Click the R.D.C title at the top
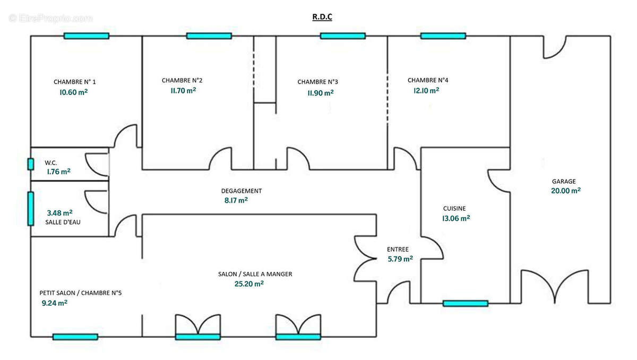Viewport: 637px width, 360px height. pyautogui.click(x=322, y=17)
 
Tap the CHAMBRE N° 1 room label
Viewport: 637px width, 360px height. pyautogui.click(x=75, y=82)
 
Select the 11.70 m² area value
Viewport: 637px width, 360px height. pyautogui.click(x=183, y=91)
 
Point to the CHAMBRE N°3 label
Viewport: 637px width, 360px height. pyautogui.click(x=317, y=82)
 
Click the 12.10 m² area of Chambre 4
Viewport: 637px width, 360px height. pyautogui.click(x=426, y=90)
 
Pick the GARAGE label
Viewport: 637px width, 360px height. pyautogui.click(x=564, y=182)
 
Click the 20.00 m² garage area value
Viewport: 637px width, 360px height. pyautogui.click(x=566, y=191)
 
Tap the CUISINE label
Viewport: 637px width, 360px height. pyautogui.click(x=454, y=209)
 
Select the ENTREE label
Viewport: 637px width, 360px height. pyautogui.click(x=398, y=250)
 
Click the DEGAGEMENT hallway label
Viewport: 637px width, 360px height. pyautogui.click(x=242, y=191)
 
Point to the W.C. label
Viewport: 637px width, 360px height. pyautogui.click(x=50, y=163)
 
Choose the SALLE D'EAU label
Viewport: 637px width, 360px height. pyautogui.click(x=63, y=222)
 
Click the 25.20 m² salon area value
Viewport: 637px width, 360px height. pyautogui.click(x=249, y=284)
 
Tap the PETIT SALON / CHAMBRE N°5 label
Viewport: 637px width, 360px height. pyautogui.click(x=81, y=293)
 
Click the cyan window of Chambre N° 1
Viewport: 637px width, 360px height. pyautogui.click(x=87, y=36)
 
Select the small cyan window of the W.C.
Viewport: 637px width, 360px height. pyautogui.click(x=31, y=164)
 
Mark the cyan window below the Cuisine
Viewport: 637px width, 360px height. pyautogui.click(x=466, y=303)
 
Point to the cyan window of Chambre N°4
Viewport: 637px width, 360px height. pyautogui.click(x=443, y=36)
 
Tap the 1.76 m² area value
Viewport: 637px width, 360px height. pyautogui.click(x=58, y=172)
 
